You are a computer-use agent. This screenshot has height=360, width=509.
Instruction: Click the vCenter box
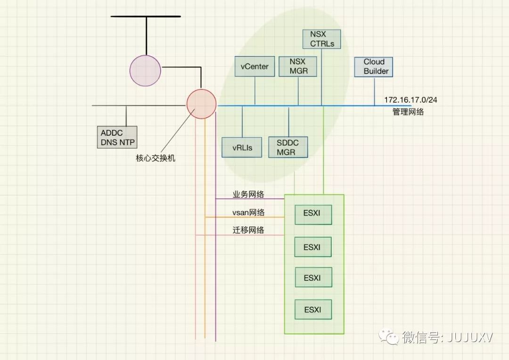click(x=254, y=66)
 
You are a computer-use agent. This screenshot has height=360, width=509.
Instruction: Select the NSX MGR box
click(x=297, y=66)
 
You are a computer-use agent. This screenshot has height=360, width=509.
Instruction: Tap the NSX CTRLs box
click(x=322, y=39)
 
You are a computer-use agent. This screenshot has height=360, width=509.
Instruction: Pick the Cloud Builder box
click(x=374, y=66)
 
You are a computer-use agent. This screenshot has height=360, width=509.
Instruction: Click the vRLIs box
click(x=242, y=147)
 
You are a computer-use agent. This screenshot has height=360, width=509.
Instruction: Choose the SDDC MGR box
click(x=288, y=147)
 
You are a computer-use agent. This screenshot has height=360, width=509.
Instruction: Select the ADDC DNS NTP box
click(x=117, y=137)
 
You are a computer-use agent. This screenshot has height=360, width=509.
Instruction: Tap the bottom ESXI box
click(x=313, y=310)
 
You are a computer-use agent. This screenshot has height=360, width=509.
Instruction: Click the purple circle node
click(x=145, y=71)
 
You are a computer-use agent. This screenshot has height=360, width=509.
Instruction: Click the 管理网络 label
click(x=408, y=112)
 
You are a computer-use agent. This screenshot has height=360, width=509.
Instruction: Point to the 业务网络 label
click(x=248, y=194)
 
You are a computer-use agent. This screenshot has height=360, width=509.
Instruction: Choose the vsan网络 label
click(x=248, y=213)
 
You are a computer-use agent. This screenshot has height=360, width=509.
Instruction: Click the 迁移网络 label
click(x=248, y=230)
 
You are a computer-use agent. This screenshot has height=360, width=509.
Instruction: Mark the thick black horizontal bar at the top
click(x=146, y=16)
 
